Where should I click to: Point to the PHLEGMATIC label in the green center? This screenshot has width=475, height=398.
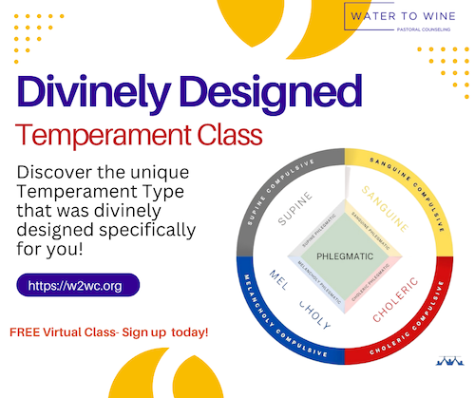tap(345, 255)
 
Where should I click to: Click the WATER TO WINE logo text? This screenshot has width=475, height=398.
tap(398, 17)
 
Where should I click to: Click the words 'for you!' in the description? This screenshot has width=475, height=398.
tap(57, 253)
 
